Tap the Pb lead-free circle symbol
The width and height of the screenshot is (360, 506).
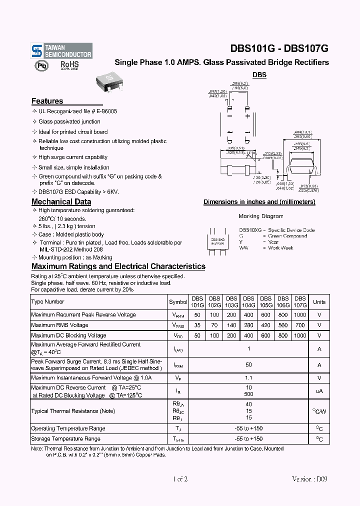[41, 65]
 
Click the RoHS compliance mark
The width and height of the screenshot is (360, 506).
[69, 65]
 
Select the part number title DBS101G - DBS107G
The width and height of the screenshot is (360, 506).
[279, 49]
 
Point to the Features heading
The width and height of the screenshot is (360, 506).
[47, 101]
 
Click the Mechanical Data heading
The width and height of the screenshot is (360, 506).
[61, 202]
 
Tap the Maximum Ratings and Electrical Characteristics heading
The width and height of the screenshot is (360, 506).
[118, 266]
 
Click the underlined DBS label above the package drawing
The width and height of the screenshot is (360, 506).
[259, 75]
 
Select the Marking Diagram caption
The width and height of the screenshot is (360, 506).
[260, 216]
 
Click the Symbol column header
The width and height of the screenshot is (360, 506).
[178, 302]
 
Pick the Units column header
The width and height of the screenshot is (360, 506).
[319, 302]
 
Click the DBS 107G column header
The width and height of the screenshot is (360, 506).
[299, 301]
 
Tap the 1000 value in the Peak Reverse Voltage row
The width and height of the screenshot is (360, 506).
[300, 315]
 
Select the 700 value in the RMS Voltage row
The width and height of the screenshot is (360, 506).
[300, 325]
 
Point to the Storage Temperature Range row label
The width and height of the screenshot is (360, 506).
[65, 439]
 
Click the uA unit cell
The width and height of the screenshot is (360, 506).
[319, 391]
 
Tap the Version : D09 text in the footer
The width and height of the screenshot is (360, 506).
[310, 479]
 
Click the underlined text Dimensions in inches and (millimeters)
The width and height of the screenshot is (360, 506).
[259, 202]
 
